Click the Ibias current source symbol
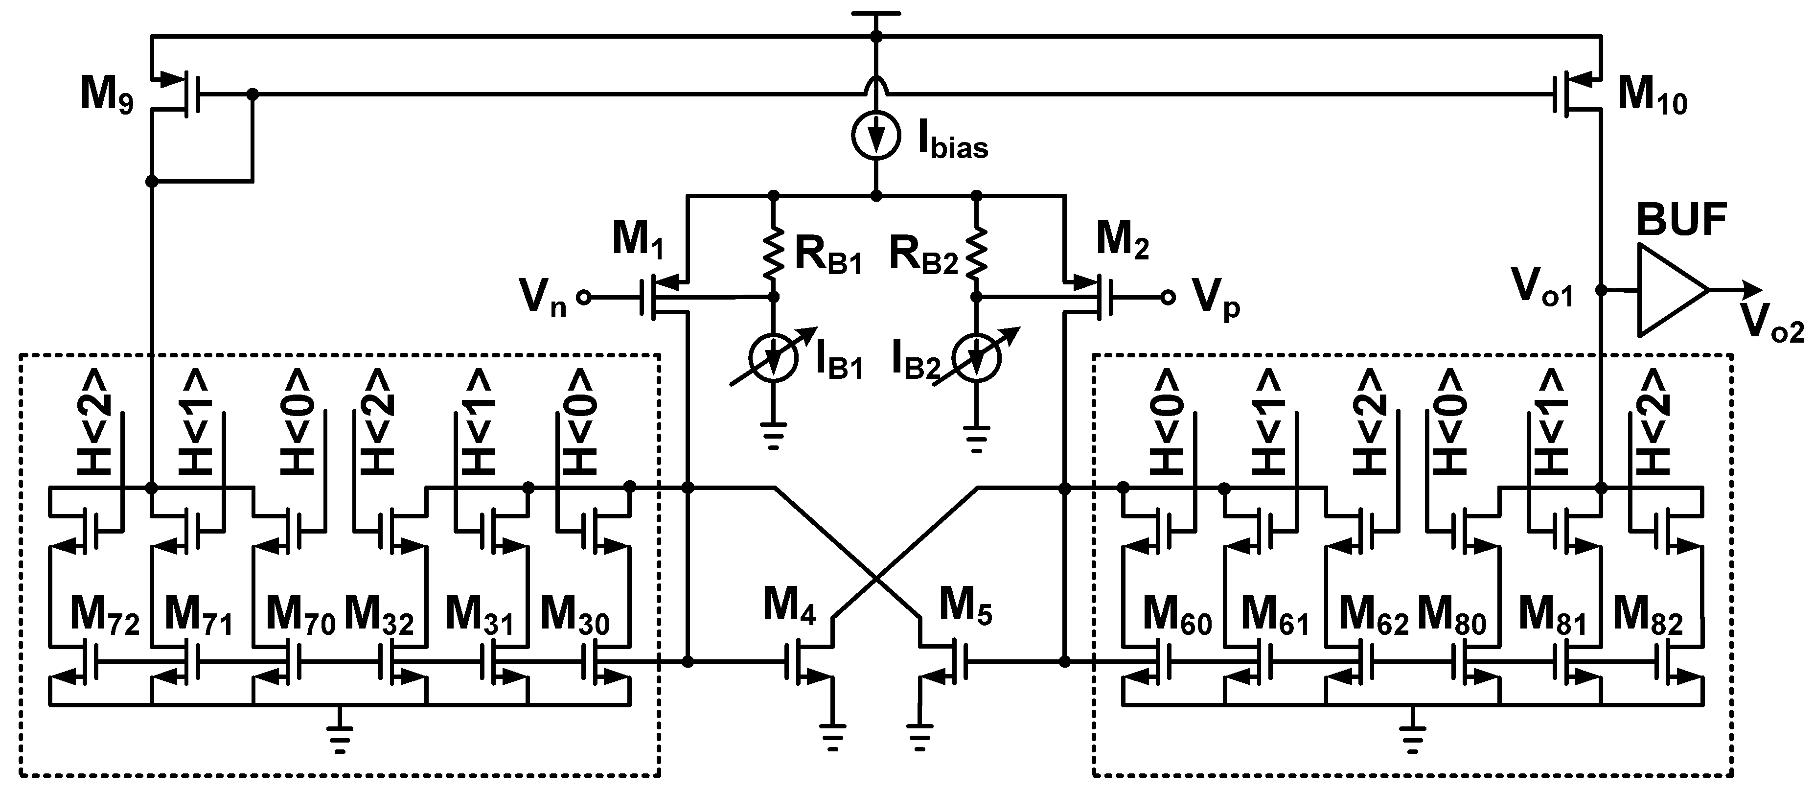tap(876, 135)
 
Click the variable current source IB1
tap(774, 358)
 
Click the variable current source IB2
tap(976, 358)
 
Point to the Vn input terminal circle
tap(584, 297)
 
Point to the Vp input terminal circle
tap(1168, 297)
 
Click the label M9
tap(106, 95)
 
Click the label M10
tap(1652, 95)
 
